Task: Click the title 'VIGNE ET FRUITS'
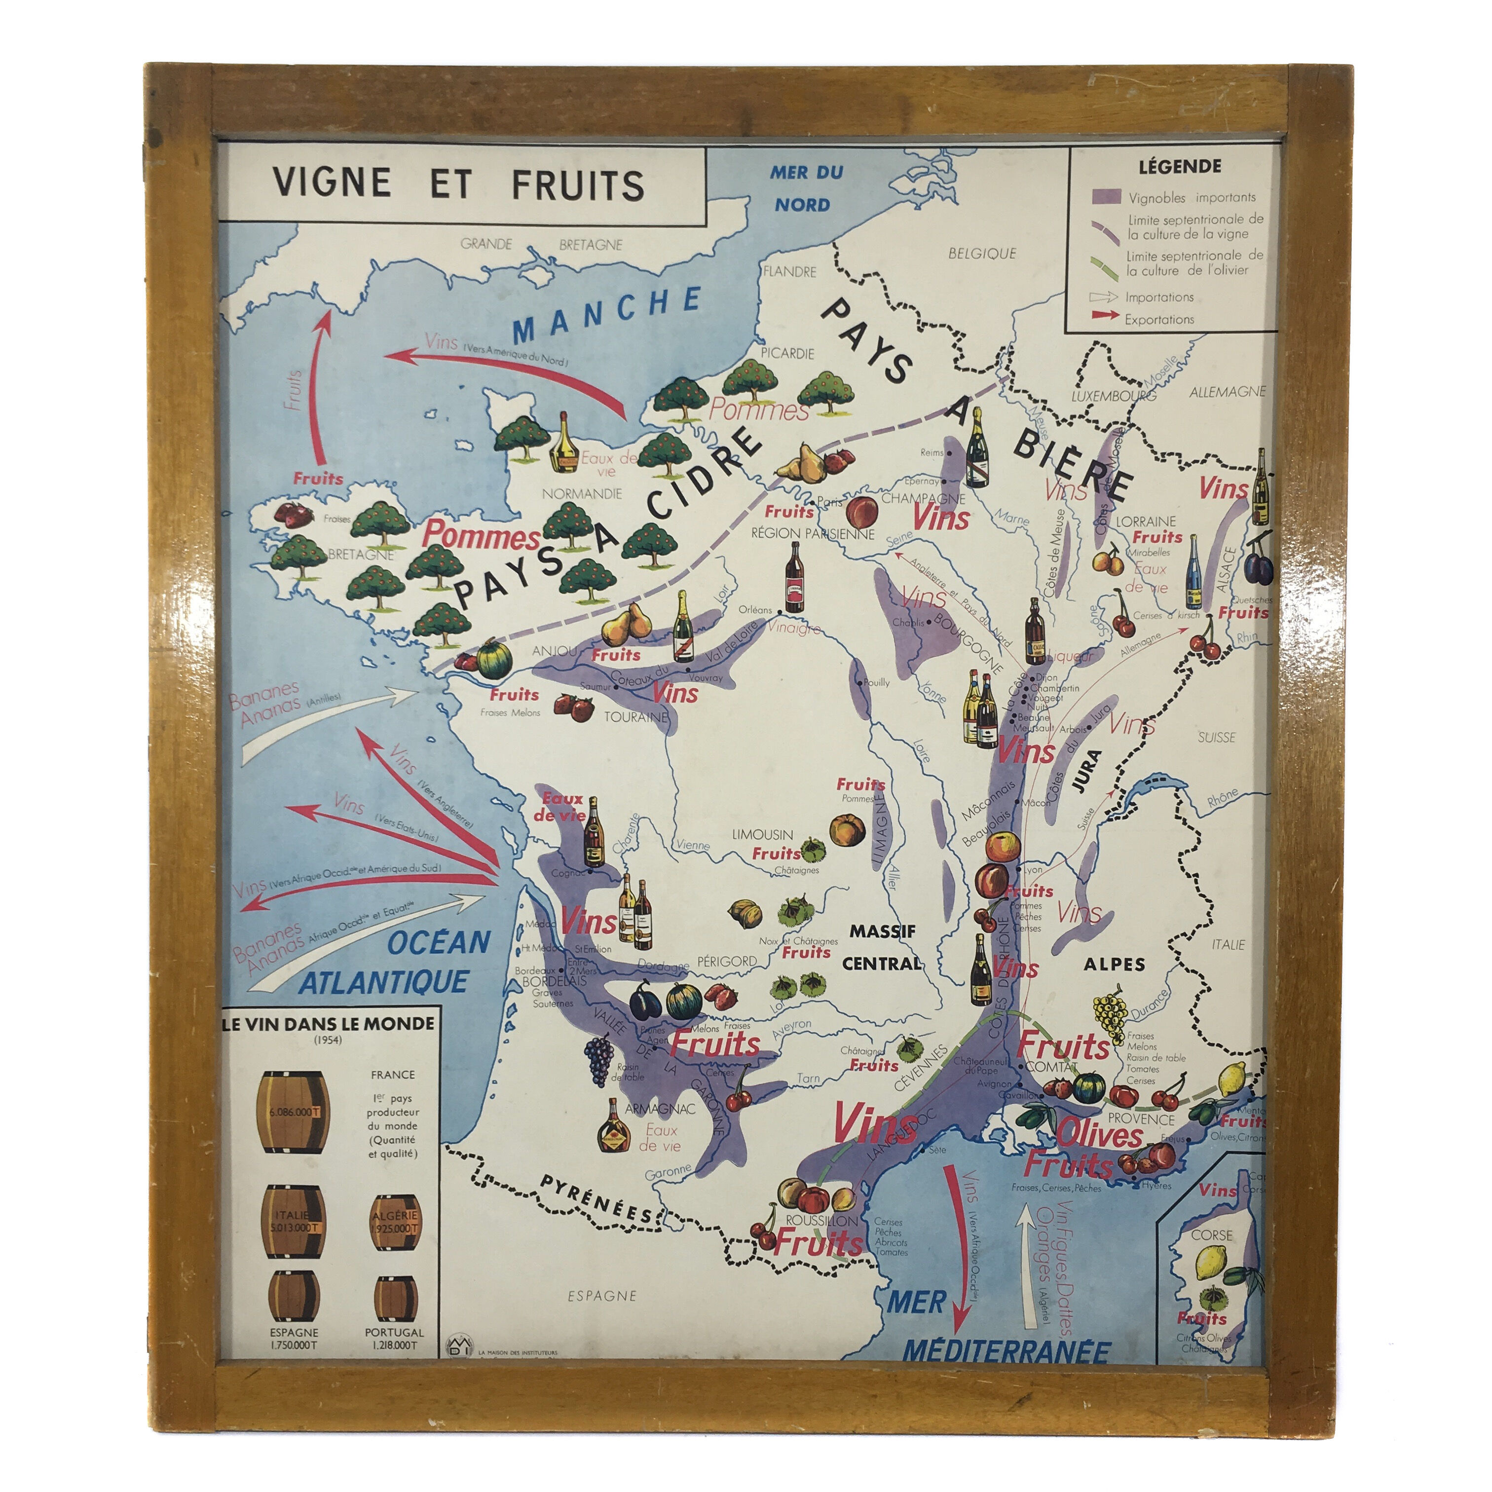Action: point(459,184)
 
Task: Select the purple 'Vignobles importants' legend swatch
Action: point(1105,196)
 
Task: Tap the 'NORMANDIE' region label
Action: point(582,493)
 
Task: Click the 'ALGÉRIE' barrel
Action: point(395,1222)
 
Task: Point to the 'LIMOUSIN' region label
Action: point(762,834)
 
